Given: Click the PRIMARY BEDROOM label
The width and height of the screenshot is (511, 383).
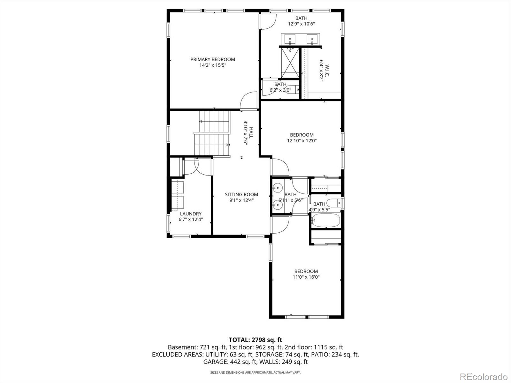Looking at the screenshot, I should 213,59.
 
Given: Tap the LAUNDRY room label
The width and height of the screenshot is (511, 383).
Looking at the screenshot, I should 191,214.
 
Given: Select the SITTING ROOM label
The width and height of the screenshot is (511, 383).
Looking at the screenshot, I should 241,194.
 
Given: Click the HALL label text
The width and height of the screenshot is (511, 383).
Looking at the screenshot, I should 251,132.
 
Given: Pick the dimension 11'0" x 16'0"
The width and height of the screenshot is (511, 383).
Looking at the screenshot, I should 306,277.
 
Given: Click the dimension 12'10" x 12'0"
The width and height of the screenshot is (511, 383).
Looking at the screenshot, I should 302,140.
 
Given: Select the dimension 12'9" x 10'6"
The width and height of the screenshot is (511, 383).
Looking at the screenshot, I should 301,24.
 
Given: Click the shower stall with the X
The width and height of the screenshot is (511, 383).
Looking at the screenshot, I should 290,63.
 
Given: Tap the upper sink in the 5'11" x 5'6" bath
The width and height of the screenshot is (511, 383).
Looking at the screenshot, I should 278,188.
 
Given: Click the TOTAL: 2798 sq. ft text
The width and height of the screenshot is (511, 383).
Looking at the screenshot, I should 255,340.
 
